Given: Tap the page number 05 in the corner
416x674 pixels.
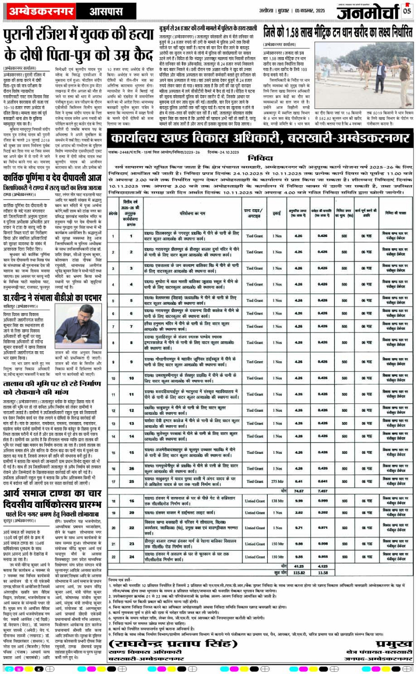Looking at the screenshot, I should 407,8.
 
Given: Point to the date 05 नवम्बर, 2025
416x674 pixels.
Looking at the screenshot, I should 307,9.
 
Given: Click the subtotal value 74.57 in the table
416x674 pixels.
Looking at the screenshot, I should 298,491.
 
